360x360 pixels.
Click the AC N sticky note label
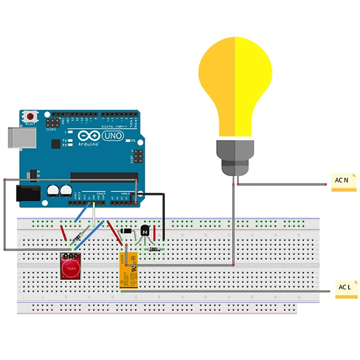[343, 182]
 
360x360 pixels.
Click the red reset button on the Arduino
[31, 116]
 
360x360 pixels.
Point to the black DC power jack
[27, 193]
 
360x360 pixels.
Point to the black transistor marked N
[144, 230]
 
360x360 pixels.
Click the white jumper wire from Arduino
[94, 214]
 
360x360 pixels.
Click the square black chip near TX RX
[55, 144]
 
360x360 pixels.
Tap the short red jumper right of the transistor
[155, 233]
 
